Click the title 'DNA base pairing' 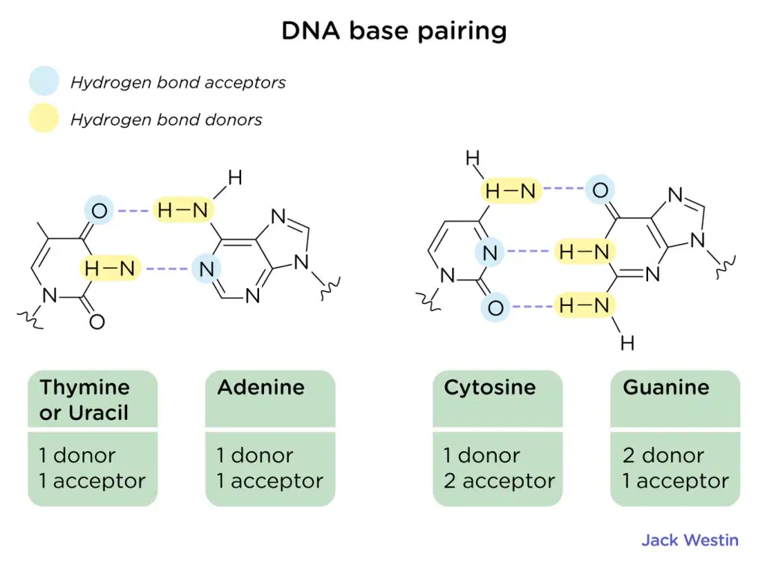coord(394,31)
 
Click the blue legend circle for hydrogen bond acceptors coord(44,81)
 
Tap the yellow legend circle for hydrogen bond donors coord(44,118)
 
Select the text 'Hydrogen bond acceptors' coord(178,82)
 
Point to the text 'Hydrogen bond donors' coord(166,120)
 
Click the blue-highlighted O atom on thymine coord(100,211)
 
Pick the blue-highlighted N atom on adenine coord(207,269)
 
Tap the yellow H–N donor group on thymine coord(110,268)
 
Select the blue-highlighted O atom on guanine coord(600,190)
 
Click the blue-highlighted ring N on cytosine coord(489,252)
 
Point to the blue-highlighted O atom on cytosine coord(495,308)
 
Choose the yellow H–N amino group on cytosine coord(511,191)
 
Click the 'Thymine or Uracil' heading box coord(93,399)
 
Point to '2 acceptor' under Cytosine coord(499,481)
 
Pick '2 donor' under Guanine coord(663,456)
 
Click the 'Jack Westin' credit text coord(690,540)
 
